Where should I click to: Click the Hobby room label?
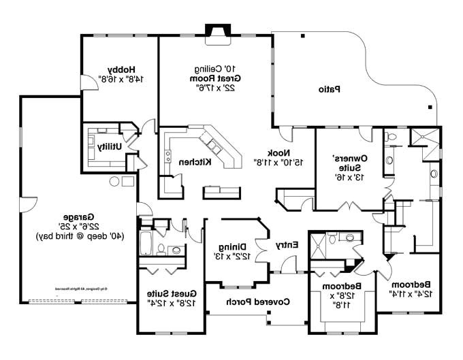pos(122,69)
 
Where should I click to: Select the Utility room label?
pos(110,146)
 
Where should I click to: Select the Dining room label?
pos(231,247)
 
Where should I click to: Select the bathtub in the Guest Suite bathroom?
pos(147,242)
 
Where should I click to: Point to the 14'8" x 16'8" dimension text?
pos(122,79)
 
